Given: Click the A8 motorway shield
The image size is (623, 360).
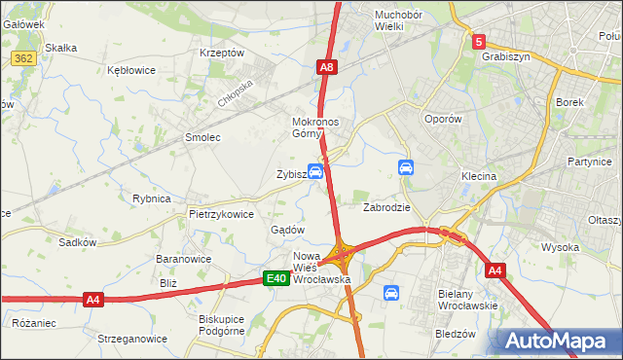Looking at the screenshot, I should click(x=328, y=67).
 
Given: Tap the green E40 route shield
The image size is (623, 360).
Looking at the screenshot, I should click(x=276, y=279).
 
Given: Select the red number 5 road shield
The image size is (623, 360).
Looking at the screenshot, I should click(x=479, y=42).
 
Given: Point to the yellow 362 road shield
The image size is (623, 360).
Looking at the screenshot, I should click(x=24, y=59).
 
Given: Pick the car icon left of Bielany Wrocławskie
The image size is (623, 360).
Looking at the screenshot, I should click(x=391, y=292).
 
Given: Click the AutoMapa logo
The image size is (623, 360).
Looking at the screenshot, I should click(x=558, y=342).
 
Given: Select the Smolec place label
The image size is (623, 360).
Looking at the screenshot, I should click(x=203, y=137).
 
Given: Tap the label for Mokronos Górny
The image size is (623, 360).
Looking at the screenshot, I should click(x=315, y=127).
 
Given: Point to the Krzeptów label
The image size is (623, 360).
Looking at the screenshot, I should click(x=221, y=53).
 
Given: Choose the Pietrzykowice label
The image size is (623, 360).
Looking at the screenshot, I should click(x=221, y=213).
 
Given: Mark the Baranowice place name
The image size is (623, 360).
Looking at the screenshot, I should click(x=184, y=259).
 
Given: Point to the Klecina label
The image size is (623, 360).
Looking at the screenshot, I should click(x=479, y=176).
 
